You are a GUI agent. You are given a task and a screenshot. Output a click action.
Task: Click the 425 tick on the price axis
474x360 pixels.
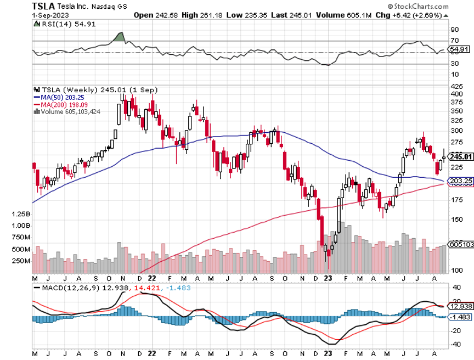[x=456, y=87]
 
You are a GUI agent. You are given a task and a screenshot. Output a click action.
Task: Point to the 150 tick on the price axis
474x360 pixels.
[x=456, y=220]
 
